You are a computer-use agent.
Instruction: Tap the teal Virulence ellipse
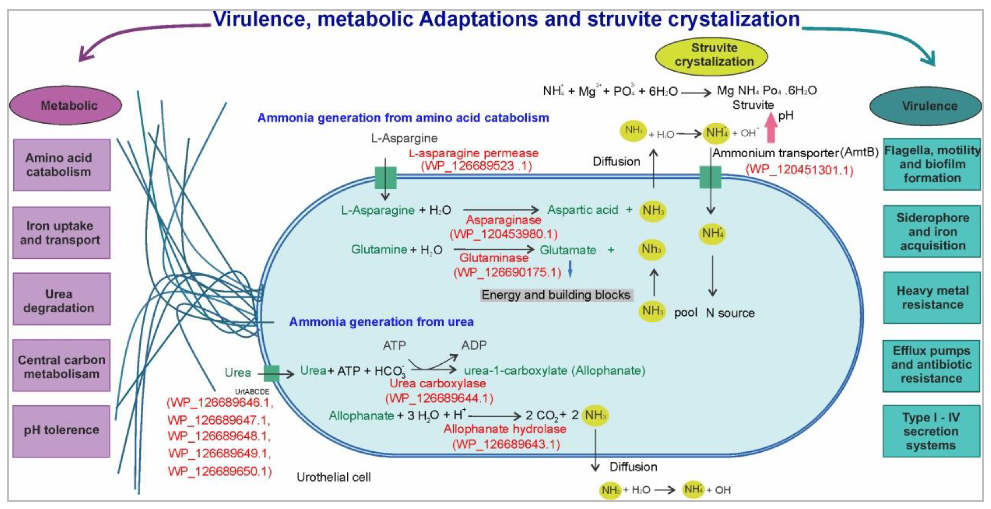coord(925,106)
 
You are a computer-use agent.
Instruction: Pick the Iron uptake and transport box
coord(61,233)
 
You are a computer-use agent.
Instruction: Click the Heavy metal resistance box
coord(931,298)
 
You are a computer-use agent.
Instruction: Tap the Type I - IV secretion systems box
coord(931,431)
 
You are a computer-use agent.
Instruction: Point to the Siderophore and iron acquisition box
coord(931,231)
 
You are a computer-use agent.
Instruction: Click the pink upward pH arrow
coord(770,127)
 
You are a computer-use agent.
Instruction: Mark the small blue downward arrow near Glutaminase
coord(570,269)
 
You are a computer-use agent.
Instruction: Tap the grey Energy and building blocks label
coord(556,295)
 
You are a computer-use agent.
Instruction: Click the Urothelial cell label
coord(334,477)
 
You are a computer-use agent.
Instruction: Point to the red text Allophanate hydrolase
coord(505,429)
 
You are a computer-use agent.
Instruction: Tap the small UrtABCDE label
coord(252,391)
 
